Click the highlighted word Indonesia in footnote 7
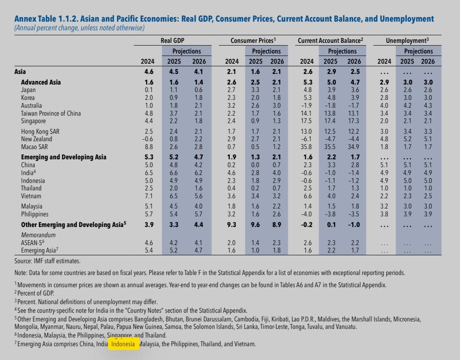pos(123,344)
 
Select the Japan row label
pos(28,90)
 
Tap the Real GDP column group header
pos(172,41)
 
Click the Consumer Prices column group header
pos(253,41)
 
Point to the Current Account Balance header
pos(330,41)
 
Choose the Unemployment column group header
pos(407,41)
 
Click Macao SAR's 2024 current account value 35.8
pos(306,147)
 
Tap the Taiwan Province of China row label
pos(51,113)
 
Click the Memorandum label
pos(38,235)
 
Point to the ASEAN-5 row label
pos(33,242)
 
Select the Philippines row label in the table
pos(35,214)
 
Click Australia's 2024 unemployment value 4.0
pos(384,105)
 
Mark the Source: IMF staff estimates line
pos(47,261)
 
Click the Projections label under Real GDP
pos(186,51)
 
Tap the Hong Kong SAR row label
pos(40,131)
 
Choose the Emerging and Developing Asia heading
pos(63,157)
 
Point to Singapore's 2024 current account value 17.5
pos(306,121)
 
